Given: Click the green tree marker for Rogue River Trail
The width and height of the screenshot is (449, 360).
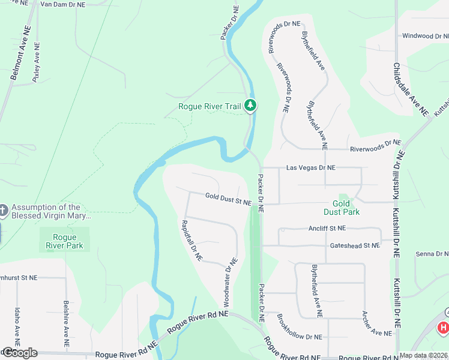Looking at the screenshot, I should point(251,106).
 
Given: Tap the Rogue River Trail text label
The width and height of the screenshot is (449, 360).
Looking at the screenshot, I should point(209,107).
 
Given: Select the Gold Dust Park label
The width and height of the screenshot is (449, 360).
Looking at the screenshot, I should point(342,208).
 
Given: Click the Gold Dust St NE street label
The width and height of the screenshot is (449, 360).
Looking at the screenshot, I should point(228,199).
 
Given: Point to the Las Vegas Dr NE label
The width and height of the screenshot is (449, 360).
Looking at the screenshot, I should point(310,167).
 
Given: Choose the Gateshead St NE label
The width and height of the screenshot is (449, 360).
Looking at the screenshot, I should point(355,245).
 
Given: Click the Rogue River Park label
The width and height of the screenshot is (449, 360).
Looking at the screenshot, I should point(64,241).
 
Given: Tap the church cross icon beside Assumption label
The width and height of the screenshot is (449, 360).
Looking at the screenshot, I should point(3,211).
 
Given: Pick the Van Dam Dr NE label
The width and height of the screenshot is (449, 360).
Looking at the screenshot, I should point(62,4).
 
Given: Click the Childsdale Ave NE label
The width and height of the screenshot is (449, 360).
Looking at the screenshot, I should point(411,89).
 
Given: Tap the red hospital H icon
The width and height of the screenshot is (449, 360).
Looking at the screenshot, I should point(443,328).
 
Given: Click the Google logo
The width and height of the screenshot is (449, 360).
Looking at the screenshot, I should point(19,353).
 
